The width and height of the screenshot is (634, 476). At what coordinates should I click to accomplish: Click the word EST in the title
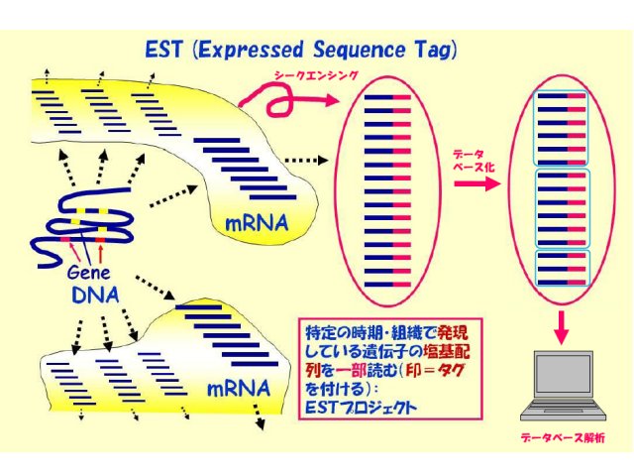point(163,51)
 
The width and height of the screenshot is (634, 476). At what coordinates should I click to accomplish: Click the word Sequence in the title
point(359,51)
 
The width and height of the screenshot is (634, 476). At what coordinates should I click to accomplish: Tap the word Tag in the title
point(433,51)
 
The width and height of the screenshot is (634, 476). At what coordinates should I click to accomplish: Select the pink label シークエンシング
point(316,75)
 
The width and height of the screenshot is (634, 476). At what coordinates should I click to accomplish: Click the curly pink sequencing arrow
point(283,100)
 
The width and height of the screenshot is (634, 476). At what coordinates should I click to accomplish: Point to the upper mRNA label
point(257,223)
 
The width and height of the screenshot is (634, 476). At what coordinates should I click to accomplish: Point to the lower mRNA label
point(239,389)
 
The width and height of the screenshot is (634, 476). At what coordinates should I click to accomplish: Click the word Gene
point(88,273)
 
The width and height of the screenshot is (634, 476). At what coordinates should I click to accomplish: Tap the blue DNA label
point(95,296)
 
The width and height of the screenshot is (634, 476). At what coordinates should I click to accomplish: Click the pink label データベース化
point(474,161)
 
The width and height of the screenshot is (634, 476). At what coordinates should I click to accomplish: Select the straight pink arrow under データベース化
point(477,183)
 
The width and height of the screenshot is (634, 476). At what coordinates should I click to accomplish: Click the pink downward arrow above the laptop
point(562,328)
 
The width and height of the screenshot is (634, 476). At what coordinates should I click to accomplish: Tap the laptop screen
point(563,376)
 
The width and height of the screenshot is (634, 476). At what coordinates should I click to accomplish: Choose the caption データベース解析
point(563,437)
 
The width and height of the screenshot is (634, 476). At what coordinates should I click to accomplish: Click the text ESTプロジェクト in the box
point(361,408)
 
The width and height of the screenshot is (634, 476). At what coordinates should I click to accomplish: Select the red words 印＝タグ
point(435,370)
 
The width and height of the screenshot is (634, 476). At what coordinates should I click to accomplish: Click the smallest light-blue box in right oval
point(563,269)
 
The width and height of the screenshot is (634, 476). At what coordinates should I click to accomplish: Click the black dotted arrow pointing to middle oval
point(306,161)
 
